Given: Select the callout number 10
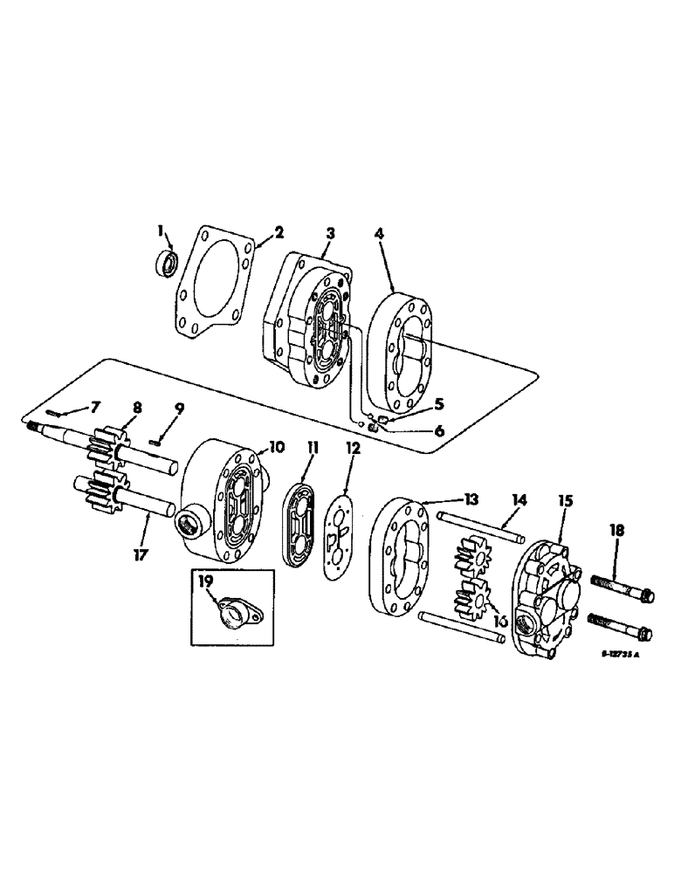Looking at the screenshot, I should (276, 447).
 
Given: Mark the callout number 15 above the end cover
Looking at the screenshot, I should (565, 501).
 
